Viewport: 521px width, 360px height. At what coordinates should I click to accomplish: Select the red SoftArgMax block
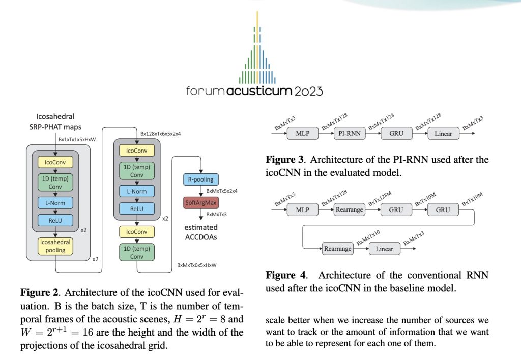coord(200,203)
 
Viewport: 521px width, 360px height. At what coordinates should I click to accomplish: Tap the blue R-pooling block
coord(200,179)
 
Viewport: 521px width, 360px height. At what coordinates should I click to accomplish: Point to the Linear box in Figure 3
coord(442,134)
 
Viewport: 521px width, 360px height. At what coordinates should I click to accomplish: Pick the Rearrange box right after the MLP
coord(350,209)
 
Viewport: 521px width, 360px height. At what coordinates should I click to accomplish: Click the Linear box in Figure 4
coord(384,249)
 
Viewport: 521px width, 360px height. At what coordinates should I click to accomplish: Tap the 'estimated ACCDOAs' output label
coord(200,231)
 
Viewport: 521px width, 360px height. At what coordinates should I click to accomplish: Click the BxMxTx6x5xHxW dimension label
coord(196,265)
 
